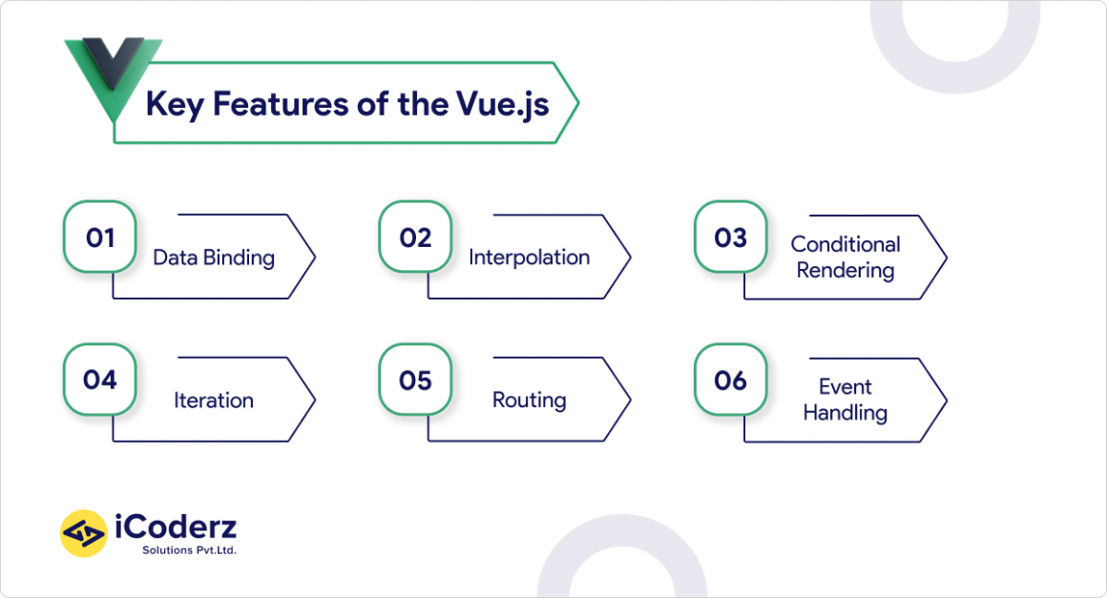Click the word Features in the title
(x=281, y=104)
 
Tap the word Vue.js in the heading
(x=503, y=105)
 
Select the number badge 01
(x=99, y=237)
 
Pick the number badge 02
(x=415, y=237)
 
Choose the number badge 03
(x=730, y=237)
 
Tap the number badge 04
(x=99, y=381)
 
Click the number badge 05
(x=415, y=381)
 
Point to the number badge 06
(x=730, y=381)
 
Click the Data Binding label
(x=214, y=258)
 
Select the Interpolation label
(x=529, y=258)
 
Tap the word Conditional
(x=846, y=244)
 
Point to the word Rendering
(x=846, y=271)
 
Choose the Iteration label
(x=213, y=401)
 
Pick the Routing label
(x=529, y=401)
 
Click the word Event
(x=846, y=386)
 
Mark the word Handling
(x=846, y=413)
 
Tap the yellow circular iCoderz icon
(x=84, y=533)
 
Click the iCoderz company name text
(x=176, y=527)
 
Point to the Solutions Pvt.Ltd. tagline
(x=189, y=550)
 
